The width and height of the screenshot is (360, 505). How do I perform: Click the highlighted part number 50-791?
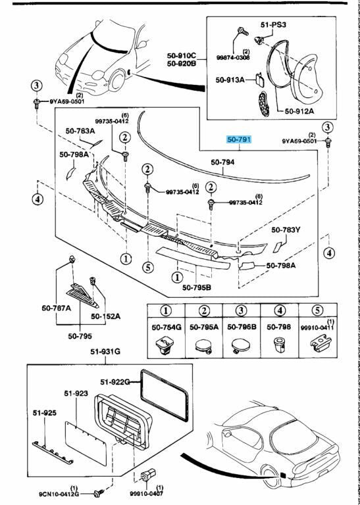(239, 140)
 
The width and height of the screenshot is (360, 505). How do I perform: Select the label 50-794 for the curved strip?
(223, 162)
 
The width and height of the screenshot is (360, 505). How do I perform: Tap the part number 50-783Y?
(286, 229)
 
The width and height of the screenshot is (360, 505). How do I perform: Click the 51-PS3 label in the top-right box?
(274, 24)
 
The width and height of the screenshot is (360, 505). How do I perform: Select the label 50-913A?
(230, 80)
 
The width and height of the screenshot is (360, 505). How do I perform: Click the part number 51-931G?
(105, 352)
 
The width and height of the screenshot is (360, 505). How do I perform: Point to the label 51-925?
(45, 413)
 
